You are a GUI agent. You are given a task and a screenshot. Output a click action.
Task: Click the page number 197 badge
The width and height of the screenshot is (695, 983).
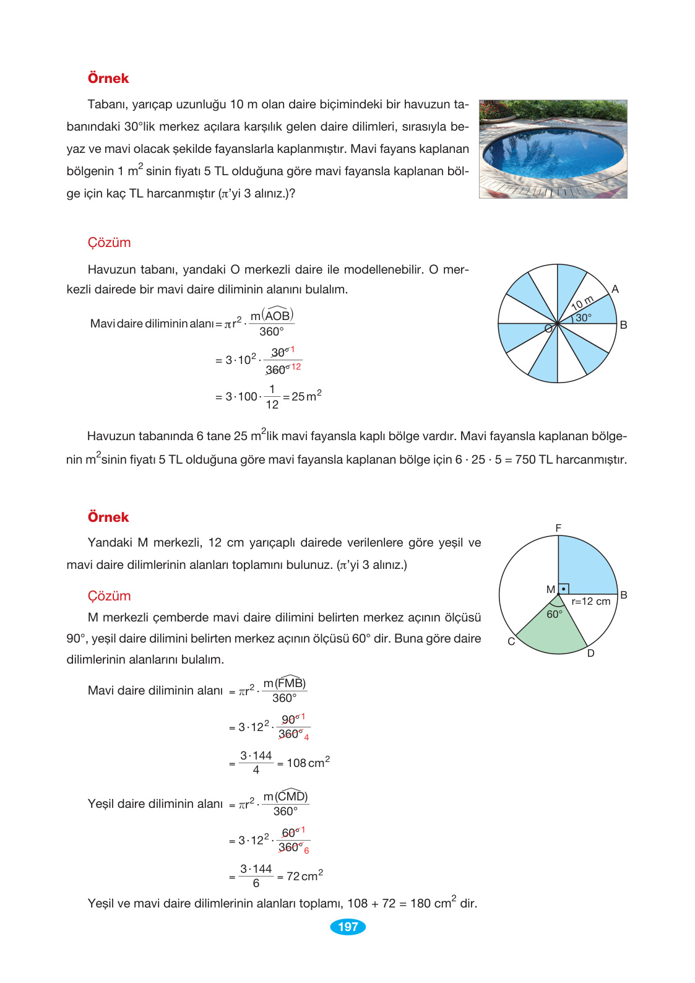tap(348, 927)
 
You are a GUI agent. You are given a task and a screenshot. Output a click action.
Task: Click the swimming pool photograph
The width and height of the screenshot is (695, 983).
tap(553, 149)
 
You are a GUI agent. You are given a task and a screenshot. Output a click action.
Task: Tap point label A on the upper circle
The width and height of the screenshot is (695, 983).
tap(615, 289)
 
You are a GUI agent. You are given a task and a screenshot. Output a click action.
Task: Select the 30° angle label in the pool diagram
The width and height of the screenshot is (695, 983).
tap(583, 318)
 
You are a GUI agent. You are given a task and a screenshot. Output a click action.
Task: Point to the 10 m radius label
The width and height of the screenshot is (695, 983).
tap(582, 303)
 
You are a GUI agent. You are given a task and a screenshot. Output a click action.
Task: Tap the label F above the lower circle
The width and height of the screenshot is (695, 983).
tap(558, 528)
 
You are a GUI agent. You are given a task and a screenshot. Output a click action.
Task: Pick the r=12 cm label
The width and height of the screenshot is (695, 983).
tap(590, 601)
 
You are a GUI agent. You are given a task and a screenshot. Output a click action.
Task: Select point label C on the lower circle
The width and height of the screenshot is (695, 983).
tap(511, 641)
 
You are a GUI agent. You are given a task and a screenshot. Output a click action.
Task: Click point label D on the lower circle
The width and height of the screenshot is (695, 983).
tap(590, 653)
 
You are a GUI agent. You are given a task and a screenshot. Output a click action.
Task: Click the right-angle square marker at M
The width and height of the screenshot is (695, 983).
tap(563, 589)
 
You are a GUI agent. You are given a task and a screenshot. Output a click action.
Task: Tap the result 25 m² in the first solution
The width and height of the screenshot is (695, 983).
tap(306, 396)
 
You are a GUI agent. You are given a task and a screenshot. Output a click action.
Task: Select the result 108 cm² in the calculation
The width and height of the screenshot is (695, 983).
tap(308, 763)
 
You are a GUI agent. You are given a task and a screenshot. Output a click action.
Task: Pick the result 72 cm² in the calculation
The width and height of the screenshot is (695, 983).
tap(304, 876)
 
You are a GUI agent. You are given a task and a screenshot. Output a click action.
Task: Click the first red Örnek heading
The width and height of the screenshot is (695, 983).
tap(108, 79)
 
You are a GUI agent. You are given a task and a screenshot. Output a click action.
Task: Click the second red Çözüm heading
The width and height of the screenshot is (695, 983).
tap(109, 596)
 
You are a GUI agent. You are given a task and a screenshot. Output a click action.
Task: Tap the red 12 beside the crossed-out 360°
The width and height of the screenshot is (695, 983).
tap(296, 367)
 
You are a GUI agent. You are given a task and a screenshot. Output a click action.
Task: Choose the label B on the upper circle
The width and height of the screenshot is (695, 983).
tap(623, 325)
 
